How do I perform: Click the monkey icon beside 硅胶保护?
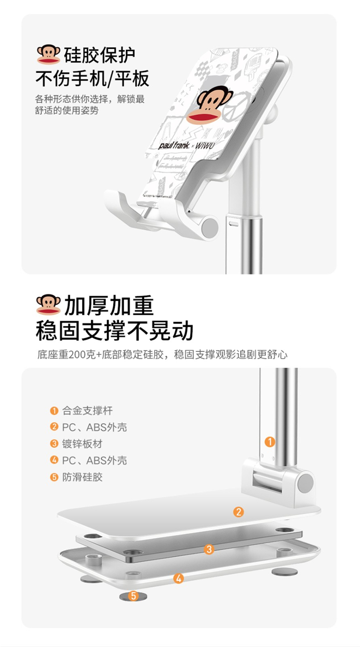48,54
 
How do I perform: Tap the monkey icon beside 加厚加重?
48,304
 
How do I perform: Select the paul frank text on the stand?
173,145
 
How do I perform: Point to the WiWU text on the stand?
205,145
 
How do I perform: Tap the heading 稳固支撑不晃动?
114,330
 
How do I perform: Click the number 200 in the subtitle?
80,355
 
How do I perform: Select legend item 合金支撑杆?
87,410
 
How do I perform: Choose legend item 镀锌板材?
83,443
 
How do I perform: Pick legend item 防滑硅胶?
83,477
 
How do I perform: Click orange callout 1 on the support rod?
270,442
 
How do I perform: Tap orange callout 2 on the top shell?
239,512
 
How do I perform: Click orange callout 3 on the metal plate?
209,549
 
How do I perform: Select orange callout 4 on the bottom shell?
179,578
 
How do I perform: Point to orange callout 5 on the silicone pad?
133,596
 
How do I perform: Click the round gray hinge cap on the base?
306,483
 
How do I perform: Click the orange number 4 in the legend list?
54,460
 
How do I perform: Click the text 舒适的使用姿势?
67,110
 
